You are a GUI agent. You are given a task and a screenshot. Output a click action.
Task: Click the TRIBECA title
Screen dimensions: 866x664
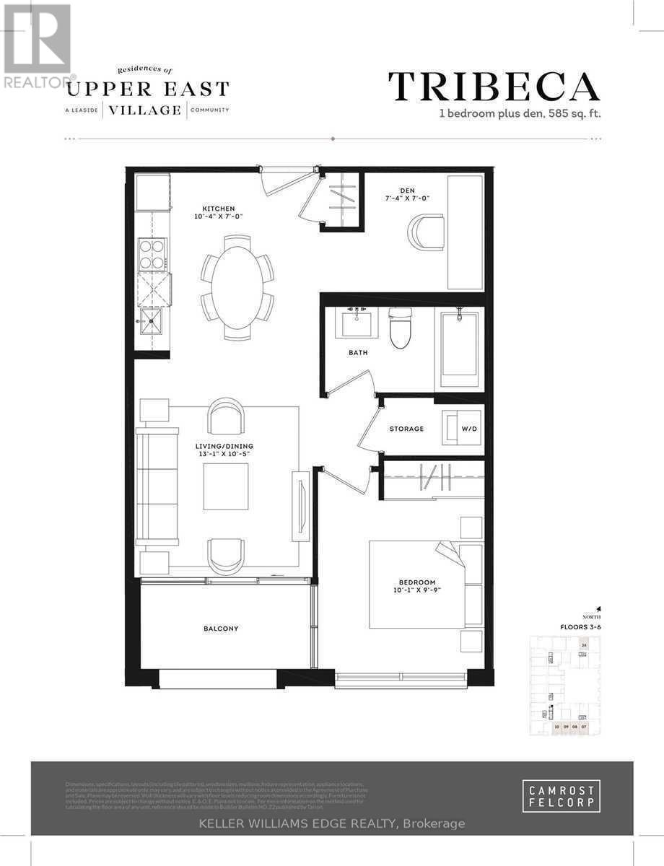point(494,87)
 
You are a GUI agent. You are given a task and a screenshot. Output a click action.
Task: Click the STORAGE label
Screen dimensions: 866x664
point(406,429)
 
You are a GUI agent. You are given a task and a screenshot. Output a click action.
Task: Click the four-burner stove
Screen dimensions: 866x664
point(152,255)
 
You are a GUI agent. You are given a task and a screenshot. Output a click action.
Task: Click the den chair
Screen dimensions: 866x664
point(427,232)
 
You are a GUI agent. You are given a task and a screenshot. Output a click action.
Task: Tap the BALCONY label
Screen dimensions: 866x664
point(220,629)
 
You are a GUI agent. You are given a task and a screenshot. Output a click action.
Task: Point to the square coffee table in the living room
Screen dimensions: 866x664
point(226,486)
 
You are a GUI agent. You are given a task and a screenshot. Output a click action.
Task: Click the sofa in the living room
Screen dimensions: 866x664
point(157,486)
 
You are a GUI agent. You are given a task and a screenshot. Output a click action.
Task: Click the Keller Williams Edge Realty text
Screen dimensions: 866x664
point(331,823)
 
